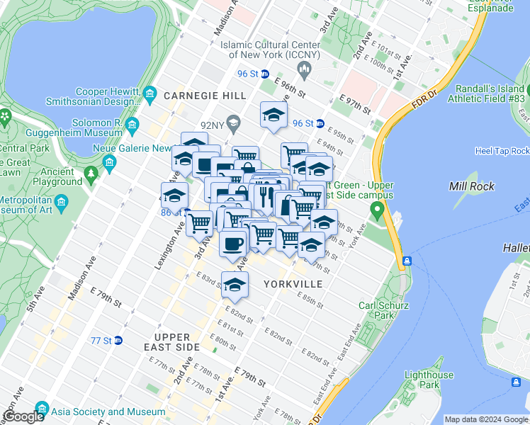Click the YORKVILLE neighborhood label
coord(293,284)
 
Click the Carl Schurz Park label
coord(376,311)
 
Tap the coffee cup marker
coord(232,244)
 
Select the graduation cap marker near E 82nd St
coord(235,285)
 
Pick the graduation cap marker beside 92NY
coord(273,115)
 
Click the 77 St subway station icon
coord(118,340)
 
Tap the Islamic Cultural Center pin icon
coord(305,69)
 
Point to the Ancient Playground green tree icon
coord(90,173)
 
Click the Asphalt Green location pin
coord(377,210)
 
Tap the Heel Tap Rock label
coord(502,151)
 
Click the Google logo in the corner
coord(23,417)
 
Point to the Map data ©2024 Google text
coord(485,419)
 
